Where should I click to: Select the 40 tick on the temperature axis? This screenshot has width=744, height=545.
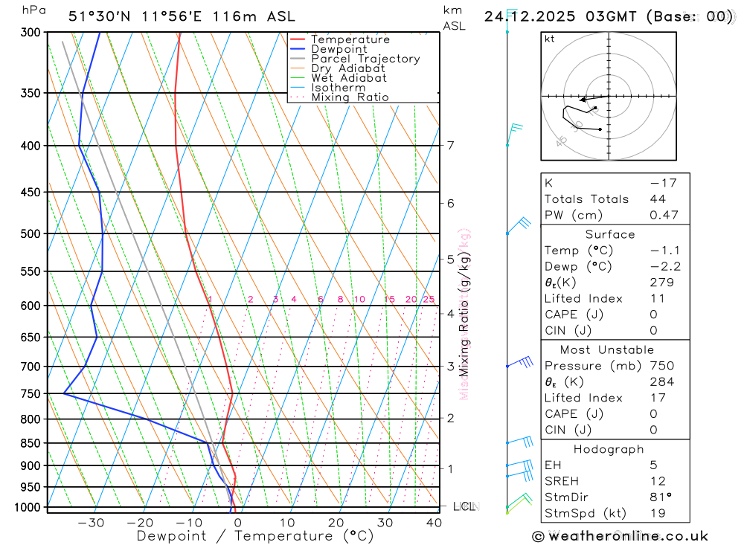[x=432, y=523]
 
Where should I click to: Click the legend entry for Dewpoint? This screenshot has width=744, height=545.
[x=339, y=49]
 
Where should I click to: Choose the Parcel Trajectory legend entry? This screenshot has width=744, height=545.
[x=365, y=59]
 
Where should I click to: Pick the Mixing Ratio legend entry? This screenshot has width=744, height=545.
[x=349, y=97]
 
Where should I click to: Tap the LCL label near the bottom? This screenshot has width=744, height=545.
[x=464, y=506]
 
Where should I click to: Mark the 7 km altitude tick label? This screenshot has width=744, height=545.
[x=451, y=145]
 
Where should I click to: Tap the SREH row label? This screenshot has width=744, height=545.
[x=562, y=481]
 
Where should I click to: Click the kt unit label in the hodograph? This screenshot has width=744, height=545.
[x=550, y=39]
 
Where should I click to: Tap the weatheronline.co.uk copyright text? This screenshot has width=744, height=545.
[x=620, y=536]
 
